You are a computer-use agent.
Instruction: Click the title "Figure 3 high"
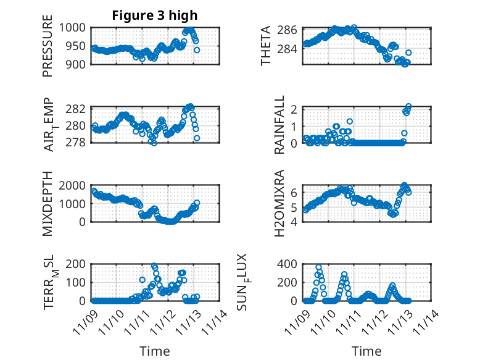coord(154,15)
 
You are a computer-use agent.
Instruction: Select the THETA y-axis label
coord(266,46)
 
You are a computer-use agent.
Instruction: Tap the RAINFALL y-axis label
coord(279,125)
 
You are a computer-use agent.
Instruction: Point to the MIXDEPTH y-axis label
coord(48,204)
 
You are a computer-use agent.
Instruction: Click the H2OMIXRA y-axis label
coord(279,204)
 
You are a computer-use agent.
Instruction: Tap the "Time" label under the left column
coord(154,351)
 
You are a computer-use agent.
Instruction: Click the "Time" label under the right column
coord(366,351)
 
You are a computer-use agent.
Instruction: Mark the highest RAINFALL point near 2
coord(408,107)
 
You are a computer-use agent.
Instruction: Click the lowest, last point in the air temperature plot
coord(197,138)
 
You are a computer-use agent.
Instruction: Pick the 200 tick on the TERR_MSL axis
coord(80,264)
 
